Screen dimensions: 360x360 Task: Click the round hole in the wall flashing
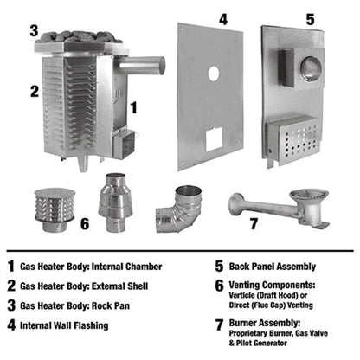coord(213,74)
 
